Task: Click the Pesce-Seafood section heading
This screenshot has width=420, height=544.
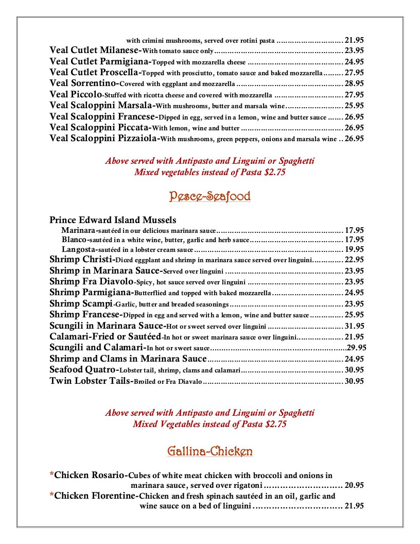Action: [x=209, y=196]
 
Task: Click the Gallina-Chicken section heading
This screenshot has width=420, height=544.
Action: [x=209, y=452]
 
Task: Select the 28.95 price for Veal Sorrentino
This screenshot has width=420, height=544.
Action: [x=355, y=83]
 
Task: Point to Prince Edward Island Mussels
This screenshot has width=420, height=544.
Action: [x=113, y=220]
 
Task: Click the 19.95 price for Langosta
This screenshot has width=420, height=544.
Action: [x=355, y=249]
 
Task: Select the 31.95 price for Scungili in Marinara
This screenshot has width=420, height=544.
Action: [x=355, y=326]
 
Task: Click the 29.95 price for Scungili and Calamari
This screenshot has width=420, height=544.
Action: [x=357, y=348]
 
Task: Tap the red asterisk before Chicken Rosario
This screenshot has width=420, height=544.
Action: [x=51, y=475]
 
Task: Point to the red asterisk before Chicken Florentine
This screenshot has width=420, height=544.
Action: [x=51, y=497]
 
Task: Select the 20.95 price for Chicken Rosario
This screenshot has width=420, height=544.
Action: [x=355, y=485]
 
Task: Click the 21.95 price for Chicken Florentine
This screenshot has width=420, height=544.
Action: [x=355, y=506]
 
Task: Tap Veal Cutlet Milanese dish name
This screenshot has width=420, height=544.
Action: [x=95, y=50]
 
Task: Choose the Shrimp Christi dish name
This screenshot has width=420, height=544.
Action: [x=81, y=260]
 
